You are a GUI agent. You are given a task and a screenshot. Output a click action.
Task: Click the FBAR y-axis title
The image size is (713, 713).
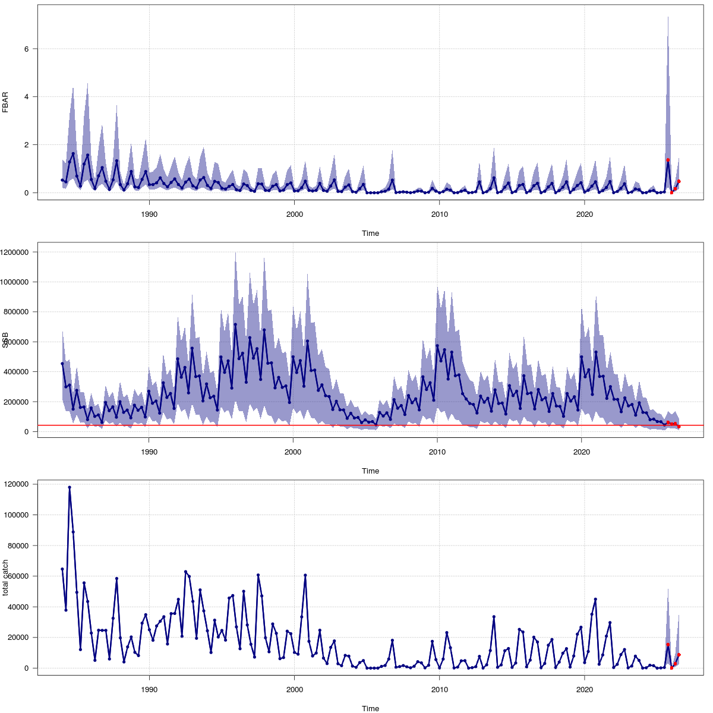coord(5,102)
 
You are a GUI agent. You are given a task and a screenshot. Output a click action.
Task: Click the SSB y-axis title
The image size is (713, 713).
coord(5,340)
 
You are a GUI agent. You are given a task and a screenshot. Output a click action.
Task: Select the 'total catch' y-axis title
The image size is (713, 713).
coord(5,578)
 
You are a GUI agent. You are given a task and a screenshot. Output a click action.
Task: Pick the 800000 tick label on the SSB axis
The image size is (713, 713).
coord(18,312)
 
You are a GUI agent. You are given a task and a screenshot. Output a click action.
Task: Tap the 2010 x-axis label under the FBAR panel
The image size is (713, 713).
coord(439,214)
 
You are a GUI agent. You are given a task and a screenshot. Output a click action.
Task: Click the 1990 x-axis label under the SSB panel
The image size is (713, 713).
coord(149,452)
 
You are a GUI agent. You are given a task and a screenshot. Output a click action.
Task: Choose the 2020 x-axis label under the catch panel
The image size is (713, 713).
coord(585,690)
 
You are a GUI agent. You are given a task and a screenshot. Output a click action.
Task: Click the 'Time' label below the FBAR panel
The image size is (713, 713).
coord(370,234)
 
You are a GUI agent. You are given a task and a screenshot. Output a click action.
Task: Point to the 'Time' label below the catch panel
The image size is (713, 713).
coord(370,708)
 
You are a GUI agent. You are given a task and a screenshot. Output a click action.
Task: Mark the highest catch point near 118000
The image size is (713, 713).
coord(70,487)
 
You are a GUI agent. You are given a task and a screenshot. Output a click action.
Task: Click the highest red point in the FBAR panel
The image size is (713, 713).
coord(668,160)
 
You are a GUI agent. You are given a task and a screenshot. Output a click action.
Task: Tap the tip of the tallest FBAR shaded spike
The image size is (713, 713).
coord(668,17)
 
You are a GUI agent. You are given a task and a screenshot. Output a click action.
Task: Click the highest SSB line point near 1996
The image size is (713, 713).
coord(235,324)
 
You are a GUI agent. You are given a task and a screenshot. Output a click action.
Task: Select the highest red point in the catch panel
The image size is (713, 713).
coord(668,645)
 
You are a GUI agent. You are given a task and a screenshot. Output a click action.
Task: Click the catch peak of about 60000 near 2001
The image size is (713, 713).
coord(305,575)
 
